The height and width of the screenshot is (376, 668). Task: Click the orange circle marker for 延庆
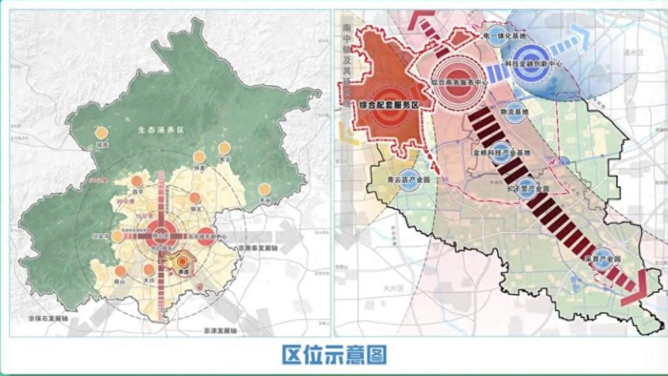click(101, 133)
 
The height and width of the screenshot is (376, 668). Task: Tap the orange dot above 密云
click(224, 148)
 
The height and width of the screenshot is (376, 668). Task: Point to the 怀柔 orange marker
click(199, 158)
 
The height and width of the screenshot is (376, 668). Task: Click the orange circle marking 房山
click(121, 271)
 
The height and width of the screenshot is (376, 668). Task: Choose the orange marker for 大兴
click(149, 269)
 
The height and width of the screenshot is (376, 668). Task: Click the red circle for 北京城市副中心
click(206, 235)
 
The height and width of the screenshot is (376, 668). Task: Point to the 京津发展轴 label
click(220, 330)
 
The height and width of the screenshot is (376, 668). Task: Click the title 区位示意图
click(334, 354)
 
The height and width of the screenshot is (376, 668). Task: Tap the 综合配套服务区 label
click(388, 104)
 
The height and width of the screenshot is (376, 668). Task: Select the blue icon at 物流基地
click(513, 112)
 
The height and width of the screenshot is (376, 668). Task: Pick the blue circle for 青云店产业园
click(409, 179)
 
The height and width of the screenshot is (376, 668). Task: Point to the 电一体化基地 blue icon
click(495, 34)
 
